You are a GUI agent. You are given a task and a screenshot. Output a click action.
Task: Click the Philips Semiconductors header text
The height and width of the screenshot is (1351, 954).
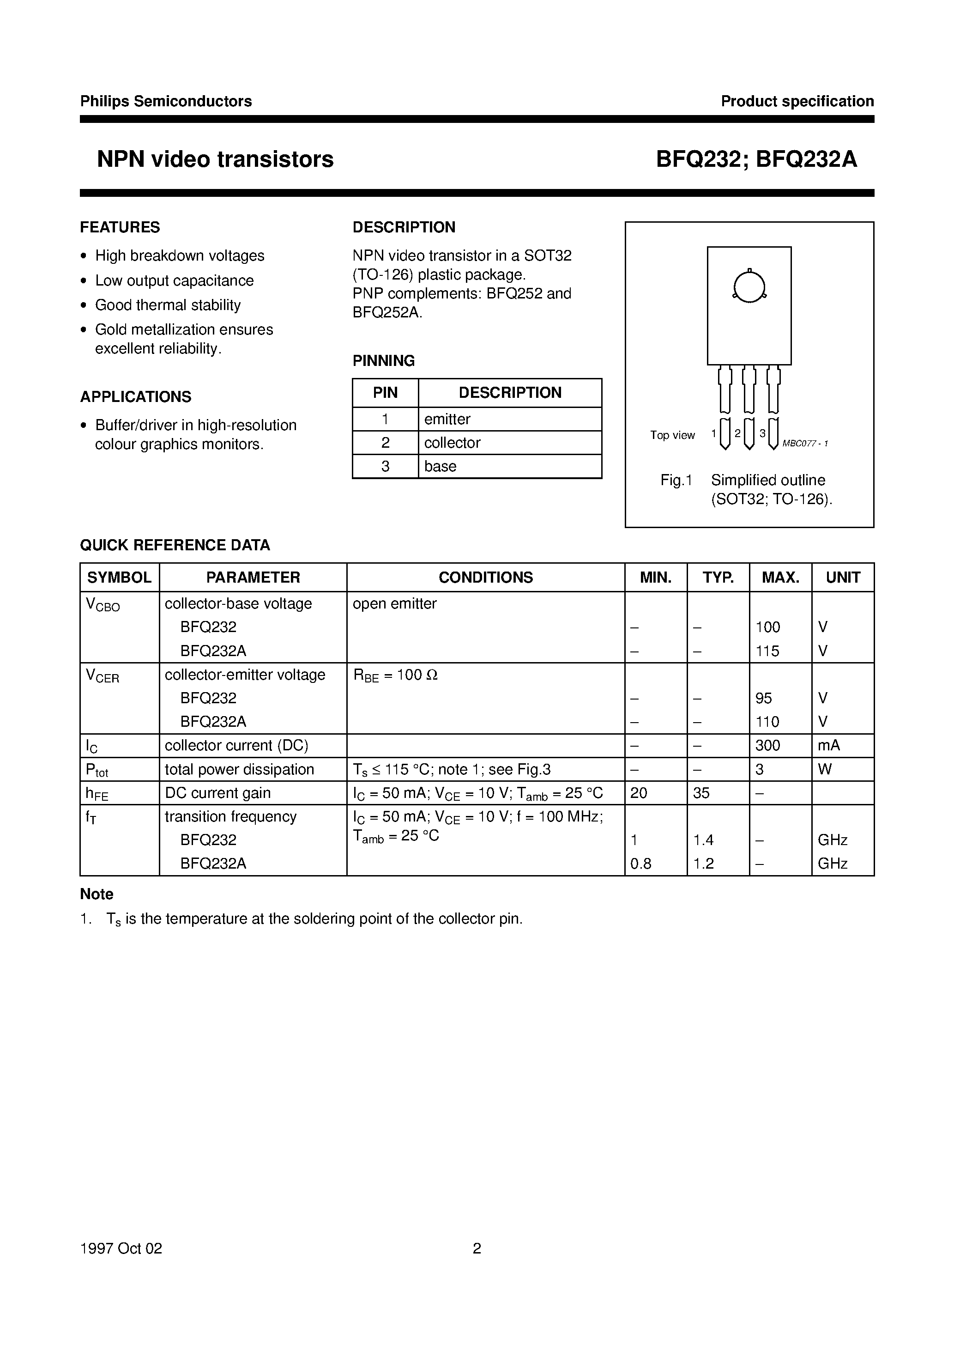166,101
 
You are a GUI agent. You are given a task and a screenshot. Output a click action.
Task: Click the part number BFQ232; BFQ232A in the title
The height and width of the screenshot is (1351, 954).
756,159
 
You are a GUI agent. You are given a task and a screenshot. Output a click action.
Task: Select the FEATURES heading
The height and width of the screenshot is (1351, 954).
120,227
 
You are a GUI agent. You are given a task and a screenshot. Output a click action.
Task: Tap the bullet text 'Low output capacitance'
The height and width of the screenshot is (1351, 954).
174,280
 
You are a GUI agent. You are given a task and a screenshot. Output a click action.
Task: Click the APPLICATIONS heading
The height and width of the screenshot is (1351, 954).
136,396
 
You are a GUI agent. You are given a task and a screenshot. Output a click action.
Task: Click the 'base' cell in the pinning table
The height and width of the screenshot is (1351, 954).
440,466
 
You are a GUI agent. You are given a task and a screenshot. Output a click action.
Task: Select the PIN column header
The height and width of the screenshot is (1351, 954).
385,392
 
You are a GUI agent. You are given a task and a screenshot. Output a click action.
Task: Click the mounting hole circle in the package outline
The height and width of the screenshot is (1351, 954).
749,286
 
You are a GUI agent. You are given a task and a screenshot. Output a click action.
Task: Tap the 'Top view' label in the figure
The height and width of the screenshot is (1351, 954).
672,435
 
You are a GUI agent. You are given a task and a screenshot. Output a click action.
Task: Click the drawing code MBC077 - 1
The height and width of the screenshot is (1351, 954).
804,444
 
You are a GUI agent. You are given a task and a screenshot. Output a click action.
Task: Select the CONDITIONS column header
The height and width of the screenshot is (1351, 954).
485,577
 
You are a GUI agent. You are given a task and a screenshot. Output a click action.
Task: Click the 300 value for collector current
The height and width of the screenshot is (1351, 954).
767,746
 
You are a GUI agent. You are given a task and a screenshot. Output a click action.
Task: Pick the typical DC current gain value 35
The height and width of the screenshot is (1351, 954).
701,792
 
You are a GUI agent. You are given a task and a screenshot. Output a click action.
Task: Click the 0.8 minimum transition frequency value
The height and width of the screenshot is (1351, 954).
640,863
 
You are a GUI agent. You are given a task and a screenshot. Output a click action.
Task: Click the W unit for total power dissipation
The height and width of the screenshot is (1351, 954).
825,769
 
